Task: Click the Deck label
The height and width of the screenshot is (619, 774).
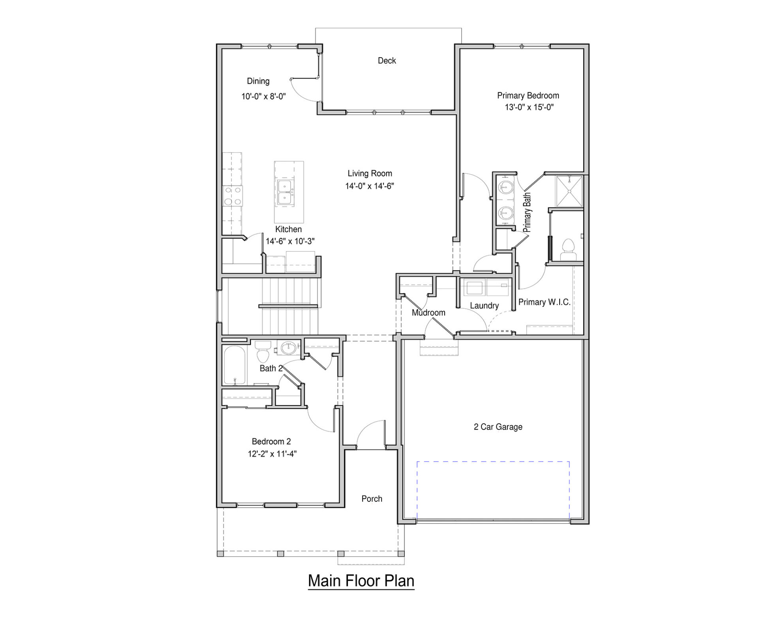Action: tap(387, 61)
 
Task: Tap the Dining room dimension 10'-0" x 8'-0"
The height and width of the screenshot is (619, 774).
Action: tap(263, 96)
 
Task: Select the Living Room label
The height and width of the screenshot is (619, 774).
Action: tap(370, 173)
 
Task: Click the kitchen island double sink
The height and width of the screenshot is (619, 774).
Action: tap(285, 192)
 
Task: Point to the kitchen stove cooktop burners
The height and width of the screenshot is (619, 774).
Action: tap(233, 196)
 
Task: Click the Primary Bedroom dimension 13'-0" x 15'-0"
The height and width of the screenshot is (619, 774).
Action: tap(529, 107)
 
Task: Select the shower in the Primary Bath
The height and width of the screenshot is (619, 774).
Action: tap(569, 191)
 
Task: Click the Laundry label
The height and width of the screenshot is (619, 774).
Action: tap(484, 306)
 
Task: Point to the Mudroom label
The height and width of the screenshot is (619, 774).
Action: tap(428, 313)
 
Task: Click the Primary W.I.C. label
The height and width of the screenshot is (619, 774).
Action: tap(544, 302)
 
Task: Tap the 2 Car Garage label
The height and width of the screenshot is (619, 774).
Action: tap(498, 427)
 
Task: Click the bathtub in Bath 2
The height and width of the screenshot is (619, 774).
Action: tap(235, 366)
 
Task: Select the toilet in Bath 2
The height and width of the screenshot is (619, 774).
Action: tap(263, 352)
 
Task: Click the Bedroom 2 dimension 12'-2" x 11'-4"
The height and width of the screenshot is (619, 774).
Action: tap(272, 454)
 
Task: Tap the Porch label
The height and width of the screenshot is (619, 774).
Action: tap(372, 499)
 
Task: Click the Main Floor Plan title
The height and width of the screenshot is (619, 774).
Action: tap(361, 581)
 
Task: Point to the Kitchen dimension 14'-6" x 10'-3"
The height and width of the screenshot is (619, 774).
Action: tap(290, 241)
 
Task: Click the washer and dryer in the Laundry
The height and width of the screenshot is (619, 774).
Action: tap(486, 287)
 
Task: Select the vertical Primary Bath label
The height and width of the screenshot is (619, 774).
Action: tap(527, 212)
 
